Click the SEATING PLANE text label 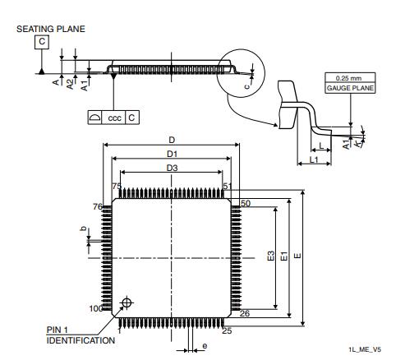pyautogui.click(x=50, y=29)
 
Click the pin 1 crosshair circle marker pyautogui.click(x=126, y=302)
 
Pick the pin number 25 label pyautogui.click(x=227, y=330)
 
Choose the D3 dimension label pyautogui.click(x=171, y=168)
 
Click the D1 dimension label pyautogui.click(x=171, y=154)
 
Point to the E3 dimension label pyautogui.click(x=272, y=256)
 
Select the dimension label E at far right pyautogui.click(x=297, y=256)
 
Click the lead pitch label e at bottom pyautogui.click(x=205, y=346)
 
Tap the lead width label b pyautogui.click(x=83, y=230)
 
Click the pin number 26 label pyautogui.click(x=245, y=313)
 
